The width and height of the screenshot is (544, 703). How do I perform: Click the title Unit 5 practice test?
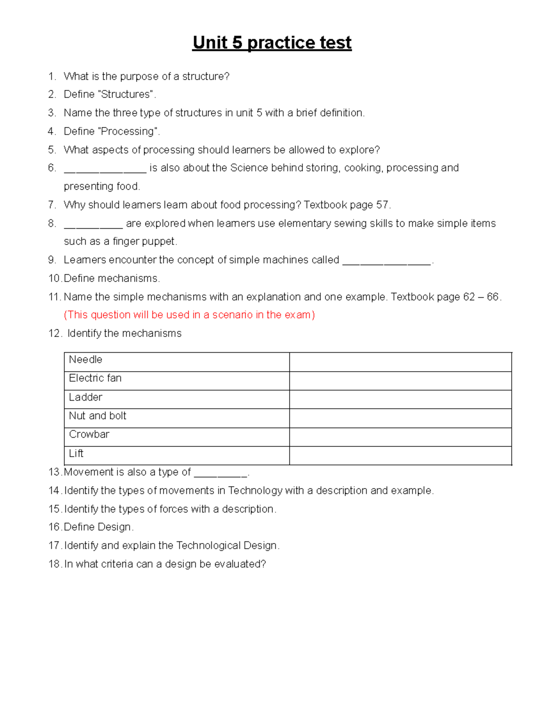(x=272, y=43)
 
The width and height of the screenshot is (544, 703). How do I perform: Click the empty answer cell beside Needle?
(x=400, y=362)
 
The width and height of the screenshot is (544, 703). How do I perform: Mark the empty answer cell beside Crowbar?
(x=400, y=437)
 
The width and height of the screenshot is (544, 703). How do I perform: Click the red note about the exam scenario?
(x=189, y=315)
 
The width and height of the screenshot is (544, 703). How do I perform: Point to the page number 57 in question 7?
(x=382, y=205)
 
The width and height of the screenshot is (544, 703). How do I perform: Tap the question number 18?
(x=54, y=564)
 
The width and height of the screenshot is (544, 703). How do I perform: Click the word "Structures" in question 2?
(x=126, y=94)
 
